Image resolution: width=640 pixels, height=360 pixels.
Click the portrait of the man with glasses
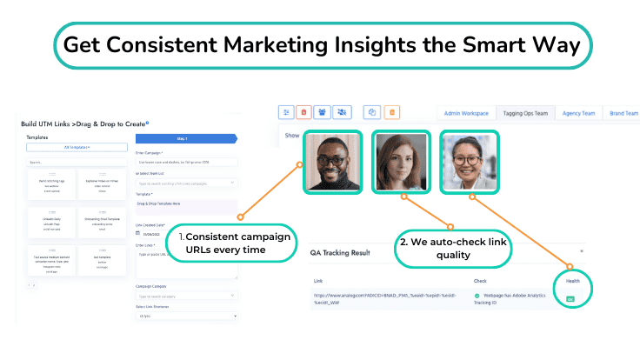330,161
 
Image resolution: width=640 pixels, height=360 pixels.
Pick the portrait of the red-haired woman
399,161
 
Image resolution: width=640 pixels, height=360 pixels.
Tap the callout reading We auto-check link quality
453,247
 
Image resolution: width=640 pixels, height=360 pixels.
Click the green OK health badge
571,299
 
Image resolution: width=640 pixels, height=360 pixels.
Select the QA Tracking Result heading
341,253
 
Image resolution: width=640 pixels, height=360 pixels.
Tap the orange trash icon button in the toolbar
391,112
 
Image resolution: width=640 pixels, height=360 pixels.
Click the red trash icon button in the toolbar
303,112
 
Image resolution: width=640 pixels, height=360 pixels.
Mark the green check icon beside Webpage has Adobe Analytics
477,296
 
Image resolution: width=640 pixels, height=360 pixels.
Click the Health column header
571,281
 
